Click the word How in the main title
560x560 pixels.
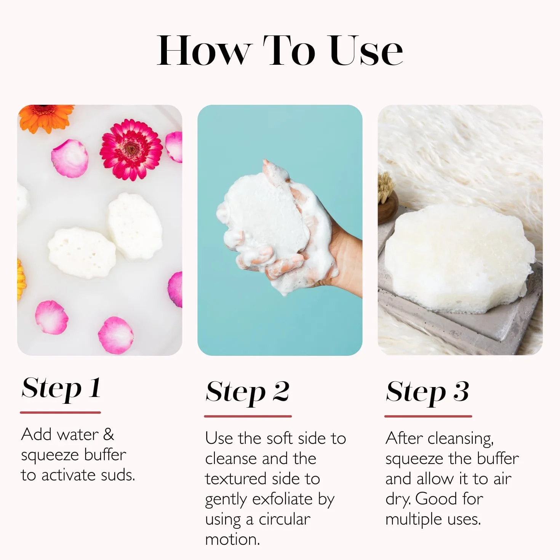[203, 51]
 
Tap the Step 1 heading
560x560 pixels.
[61, 389]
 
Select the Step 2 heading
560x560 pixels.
[248, 393]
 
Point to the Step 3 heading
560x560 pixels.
[427, 393]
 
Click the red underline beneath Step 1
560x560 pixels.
[61, 412]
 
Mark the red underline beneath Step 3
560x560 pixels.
[428, 416]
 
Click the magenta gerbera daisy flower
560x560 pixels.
[131, 149]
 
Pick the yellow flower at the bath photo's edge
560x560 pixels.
[21, 279]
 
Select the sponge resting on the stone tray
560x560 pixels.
[459, 259]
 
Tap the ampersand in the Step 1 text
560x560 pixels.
[109, 434]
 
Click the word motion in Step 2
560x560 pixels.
[232, 540]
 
